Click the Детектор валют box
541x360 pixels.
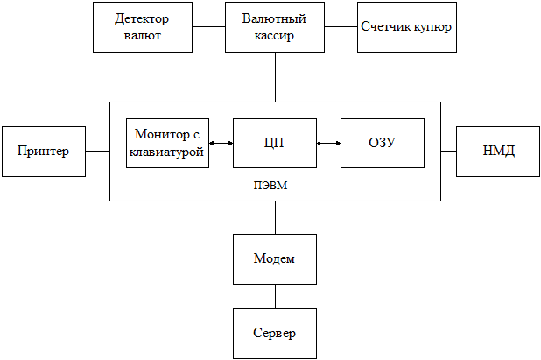[142, 26]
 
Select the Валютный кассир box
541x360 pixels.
[275, 26]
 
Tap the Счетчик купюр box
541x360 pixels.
[406, 26]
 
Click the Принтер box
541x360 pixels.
[43, 151]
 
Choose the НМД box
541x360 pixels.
[498, 151]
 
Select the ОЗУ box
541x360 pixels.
[383, 143]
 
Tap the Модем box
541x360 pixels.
[274, 258]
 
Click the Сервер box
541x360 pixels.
[274, 333]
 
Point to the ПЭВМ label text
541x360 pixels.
[274, 186]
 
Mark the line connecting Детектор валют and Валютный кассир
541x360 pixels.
[208, 26]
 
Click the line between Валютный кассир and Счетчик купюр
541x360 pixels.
[341, 26]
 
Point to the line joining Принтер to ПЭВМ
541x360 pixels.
[96, 151]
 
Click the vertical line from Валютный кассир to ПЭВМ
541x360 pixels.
[275, 76]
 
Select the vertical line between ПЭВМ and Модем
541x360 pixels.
[275, 217]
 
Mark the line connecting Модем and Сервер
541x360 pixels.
[275, 295]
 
